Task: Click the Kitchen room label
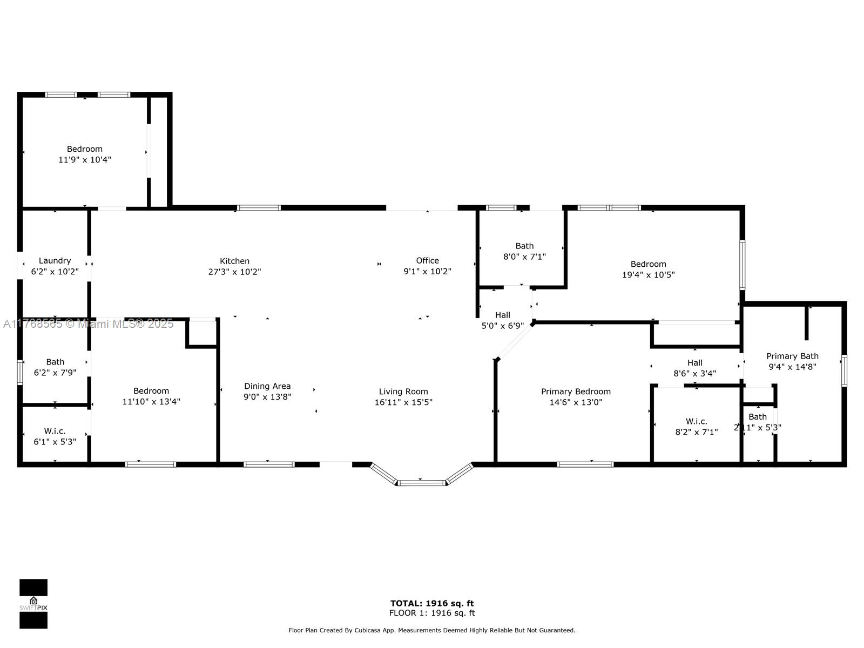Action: pos(234,261)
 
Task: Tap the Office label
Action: pos(427,260)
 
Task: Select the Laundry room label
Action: pos(55,260)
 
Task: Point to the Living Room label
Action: pos(403,391)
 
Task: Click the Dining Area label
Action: pos(267,386)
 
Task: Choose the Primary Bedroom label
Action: pos(576,391)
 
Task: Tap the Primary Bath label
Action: pos(792,356)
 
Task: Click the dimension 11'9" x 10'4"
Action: pos(85,160)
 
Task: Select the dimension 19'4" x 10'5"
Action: pos(649,275)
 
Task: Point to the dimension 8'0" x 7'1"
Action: pos(524,256)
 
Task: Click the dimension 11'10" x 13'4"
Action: pos(151,401)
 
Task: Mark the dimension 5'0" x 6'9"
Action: pos(503,326)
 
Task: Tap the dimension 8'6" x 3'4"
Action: pos(695,373)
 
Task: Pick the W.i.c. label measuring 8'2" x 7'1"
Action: pos(696,421)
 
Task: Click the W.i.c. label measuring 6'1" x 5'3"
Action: pos(55,431)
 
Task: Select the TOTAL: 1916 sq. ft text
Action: pos(432,603)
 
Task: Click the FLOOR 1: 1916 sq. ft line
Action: pos(432,612)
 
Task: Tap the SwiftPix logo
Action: pos(33,604)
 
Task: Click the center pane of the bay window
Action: pos(421,483)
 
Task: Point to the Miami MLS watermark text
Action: pos(88,324)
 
